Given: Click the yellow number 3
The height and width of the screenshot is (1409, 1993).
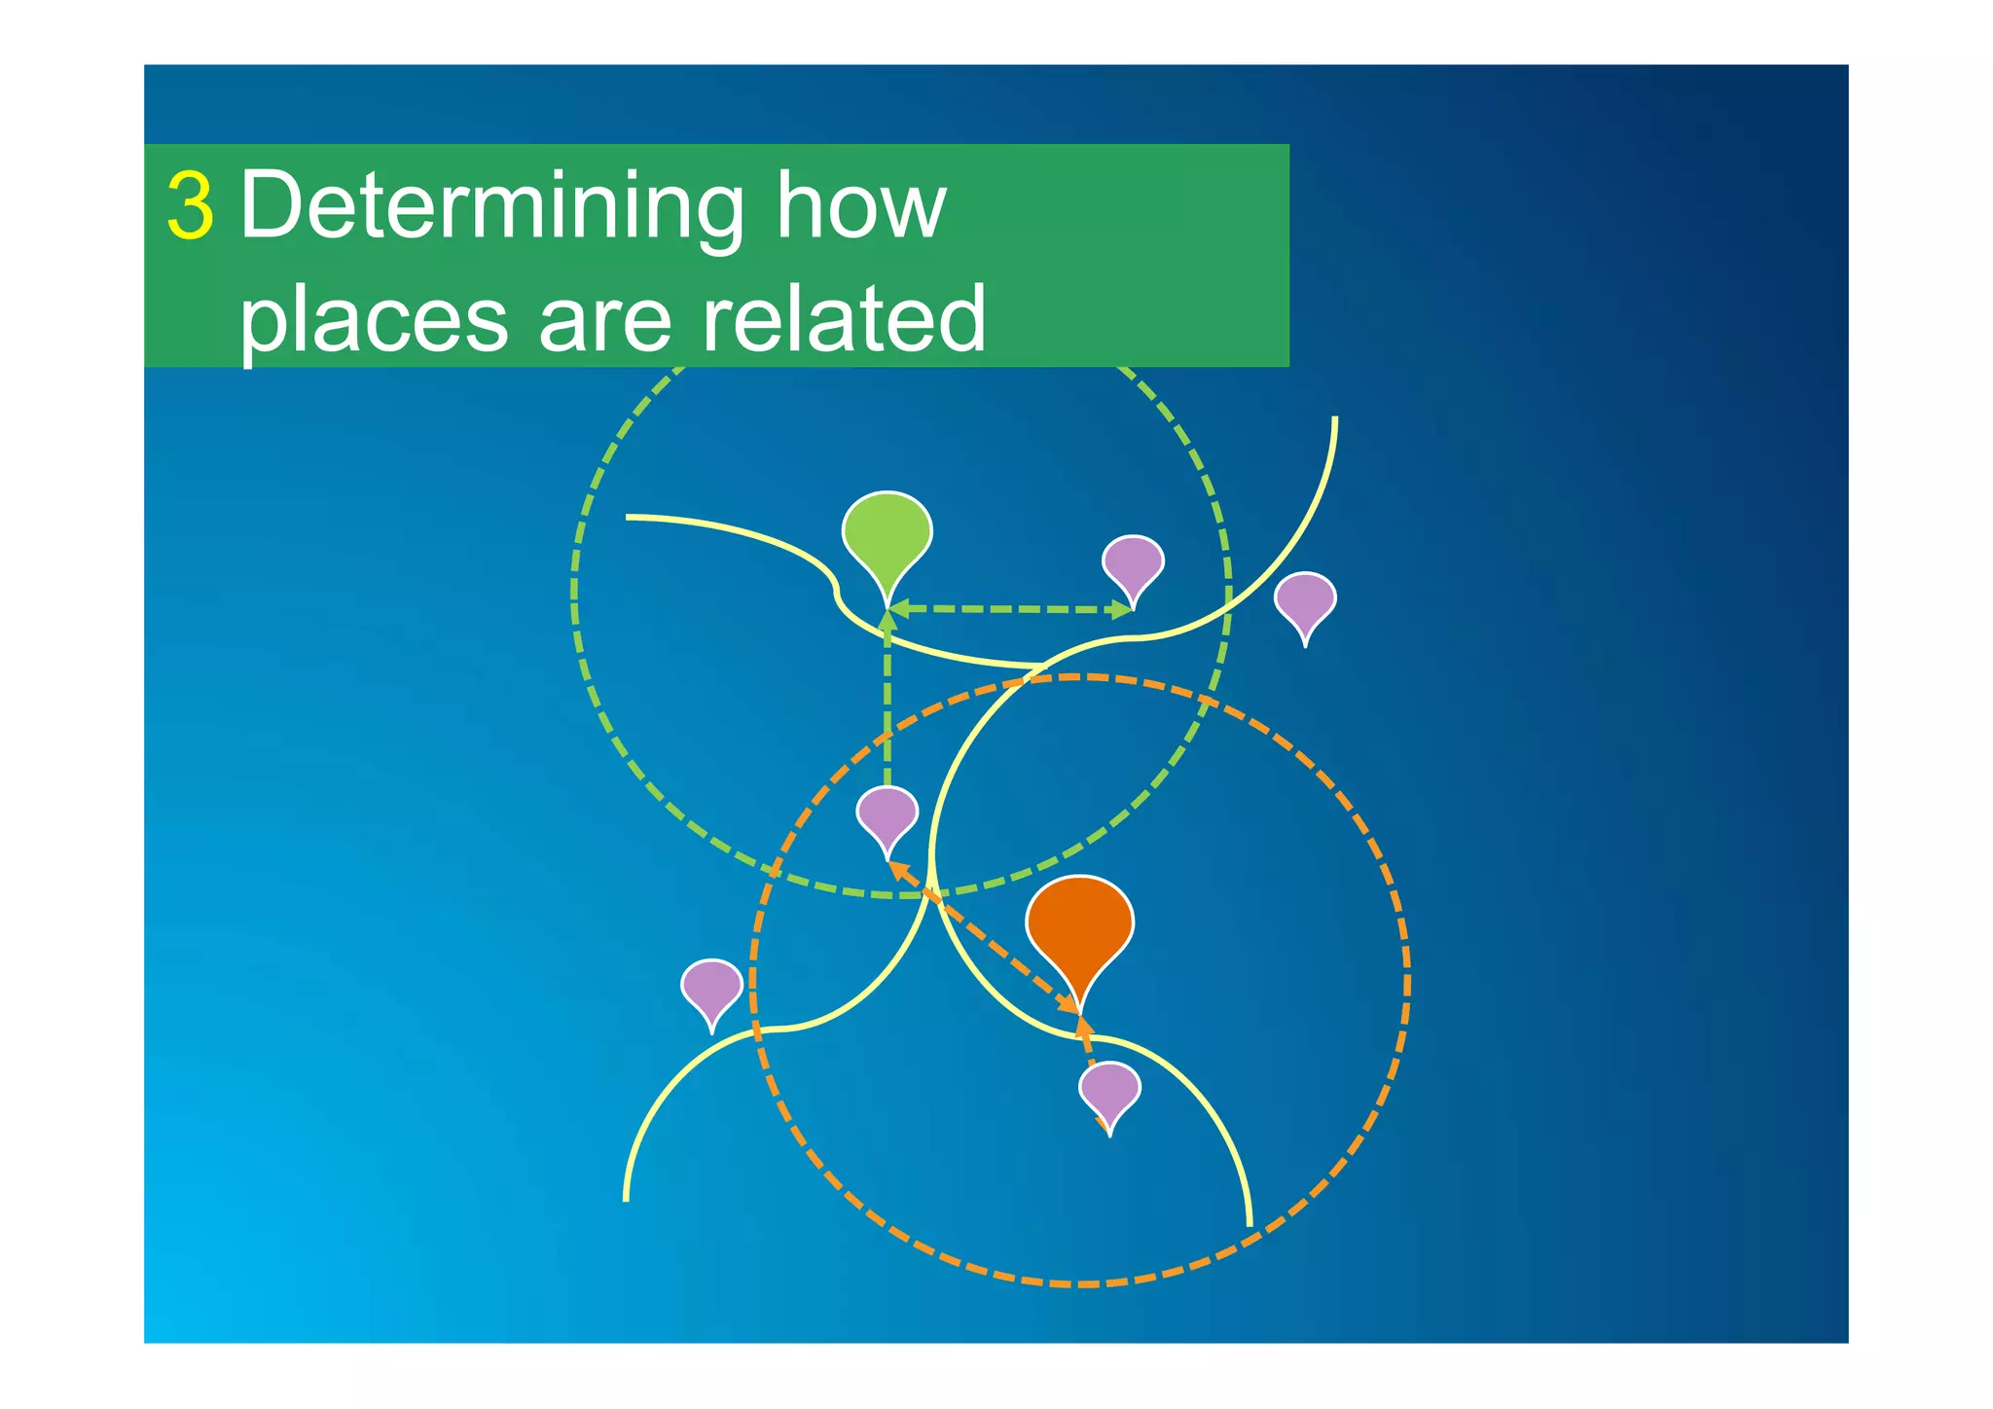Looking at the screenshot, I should click(190, 206).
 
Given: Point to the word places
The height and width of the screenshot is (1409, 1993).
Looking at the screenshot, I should click(374, 319).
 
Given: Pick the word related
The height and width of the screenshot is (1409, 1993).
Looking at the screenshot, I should click(843, 319).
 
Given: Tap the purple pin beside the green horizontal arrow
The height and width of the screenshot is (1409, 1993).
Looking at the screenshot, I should click(1133, 563).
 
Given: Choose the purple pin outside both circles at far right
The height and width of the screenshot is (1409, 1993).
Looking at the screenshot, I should click(1305, 600).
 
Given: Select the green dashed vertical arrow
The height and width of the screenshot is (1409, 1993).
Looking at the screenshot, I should click(887, 701).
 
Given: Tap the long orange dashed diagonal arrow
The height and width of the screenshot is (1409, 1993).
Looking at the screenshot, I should click(983, 937).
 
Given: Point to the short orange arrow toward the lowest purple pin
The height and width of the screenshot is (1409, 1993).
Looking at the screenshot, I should click(1086, 1039).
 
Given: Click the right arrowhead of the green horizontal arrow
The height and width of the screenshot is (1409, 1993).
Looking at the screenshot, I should click(1123, 610).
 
